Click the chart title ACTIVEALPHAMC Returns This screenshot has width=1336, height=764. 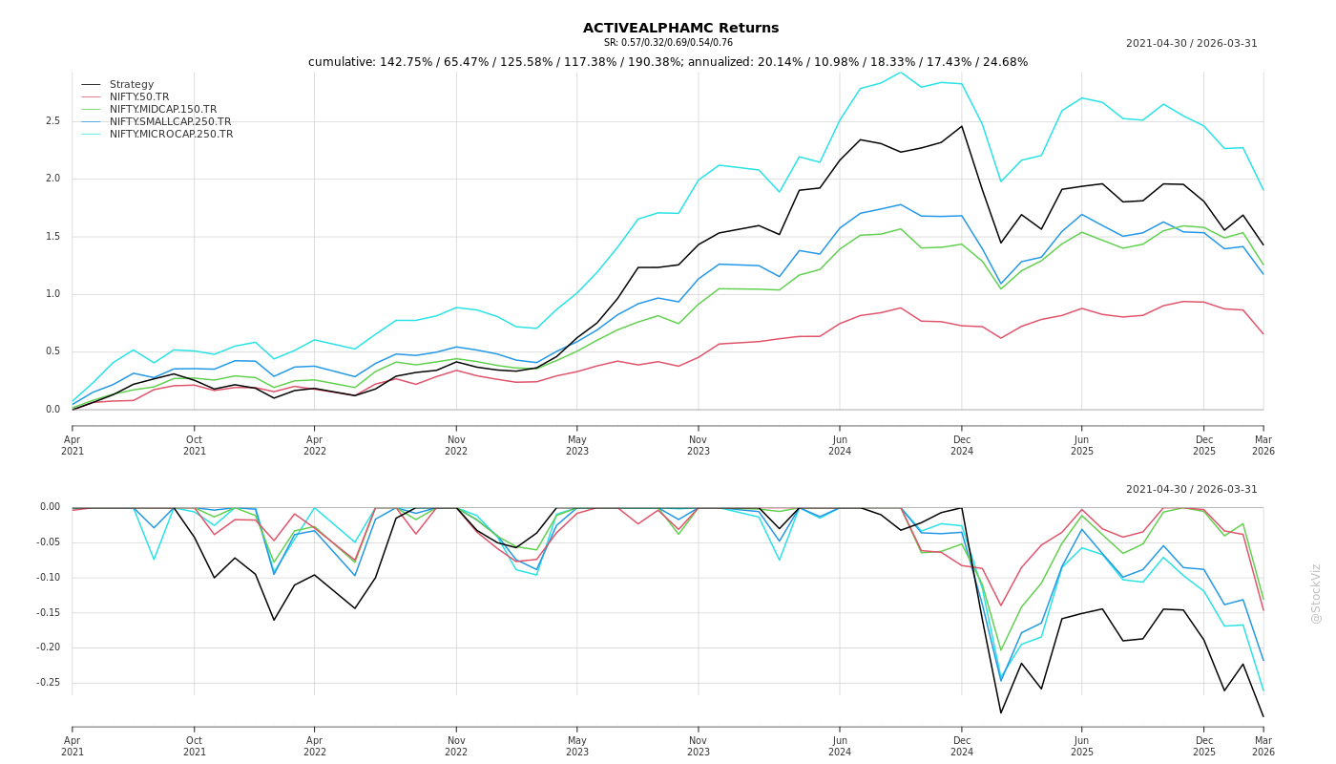680,28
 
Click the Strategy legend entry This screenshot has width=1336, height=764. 131,85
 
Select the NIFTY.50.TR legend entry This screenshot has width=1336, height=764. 138,97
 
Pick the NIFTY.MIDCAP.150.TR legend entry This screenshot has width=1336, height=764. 162,110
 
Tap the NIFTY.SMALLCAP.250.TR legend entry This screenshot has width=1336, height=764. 170,122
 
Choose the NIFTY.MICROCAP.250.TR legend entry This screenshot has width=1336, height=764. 171,135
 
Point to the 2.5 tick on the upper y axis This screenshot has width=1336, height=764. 52,121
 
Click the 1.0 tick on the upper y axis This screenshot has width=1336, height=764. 52,294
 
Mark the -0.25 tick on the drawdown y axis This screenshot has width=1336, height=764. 48,683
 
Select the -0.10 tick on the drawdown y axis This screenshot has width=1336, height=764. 48,578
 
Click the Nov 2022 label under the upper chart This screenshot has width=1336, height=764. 456,445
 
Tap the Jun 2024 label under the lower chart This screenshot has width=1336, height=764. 840,746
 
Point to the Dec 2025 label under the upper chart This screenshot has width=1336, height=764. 1204,445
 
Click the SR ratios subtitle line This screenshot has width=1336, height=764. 668,43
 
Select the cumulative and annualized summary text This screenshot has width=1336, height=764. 668,62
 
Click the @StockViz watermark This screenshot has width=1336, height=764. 1316,593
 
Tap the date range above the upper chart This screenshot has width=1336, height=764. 1191,44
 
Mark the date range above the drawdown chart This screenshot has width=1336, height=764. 1191,490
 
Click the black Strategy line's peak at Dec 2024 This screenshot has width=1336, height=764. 962,126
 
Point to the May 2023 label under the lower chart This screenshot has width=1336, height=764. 577,746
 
